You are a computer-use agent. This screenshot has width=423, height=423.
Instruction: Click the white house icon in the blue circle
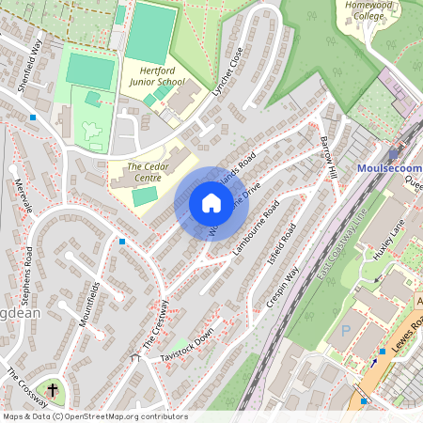(x=211, y=202)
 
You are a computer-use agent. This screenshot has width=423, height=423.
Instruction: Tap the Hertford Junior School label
(x=156, y=76)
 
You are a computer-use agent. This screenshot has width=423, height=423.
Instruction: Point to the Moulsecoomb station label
(x=390, y=168)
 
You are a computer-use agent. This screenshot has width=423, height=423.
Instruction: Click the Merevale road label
(x=23, y=196)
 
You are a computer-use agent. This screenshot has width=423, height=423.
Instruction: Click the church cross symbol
(x=53, y=389)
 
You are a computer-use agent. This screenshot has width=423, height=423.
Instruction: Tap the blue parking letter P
(x=345, y=331)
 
